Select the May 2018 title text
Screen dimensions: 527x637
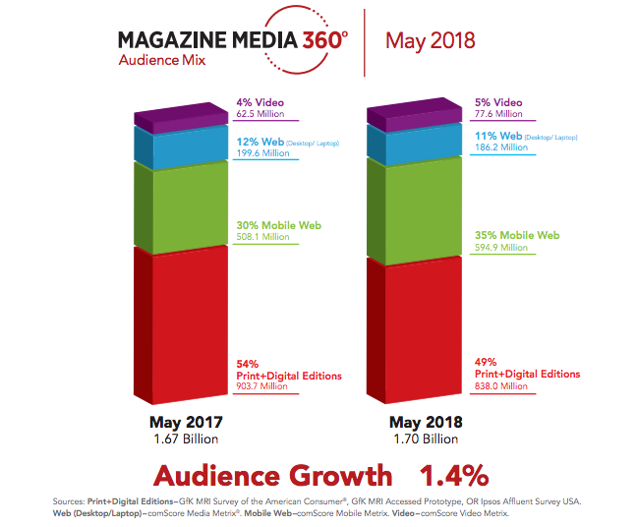[x=430, y=40]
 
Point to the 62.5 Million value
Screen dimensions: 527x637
[x=259, y=114]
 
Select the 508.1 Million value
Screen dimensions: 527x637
[x=260, y=236]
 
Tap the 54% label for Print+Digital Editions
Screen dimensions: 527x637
[x=247, y=364]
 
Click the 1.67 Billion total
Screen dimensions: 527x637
[x=184, y=439]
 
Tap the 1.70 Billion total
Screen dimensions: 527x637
[x=423, y=439]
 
